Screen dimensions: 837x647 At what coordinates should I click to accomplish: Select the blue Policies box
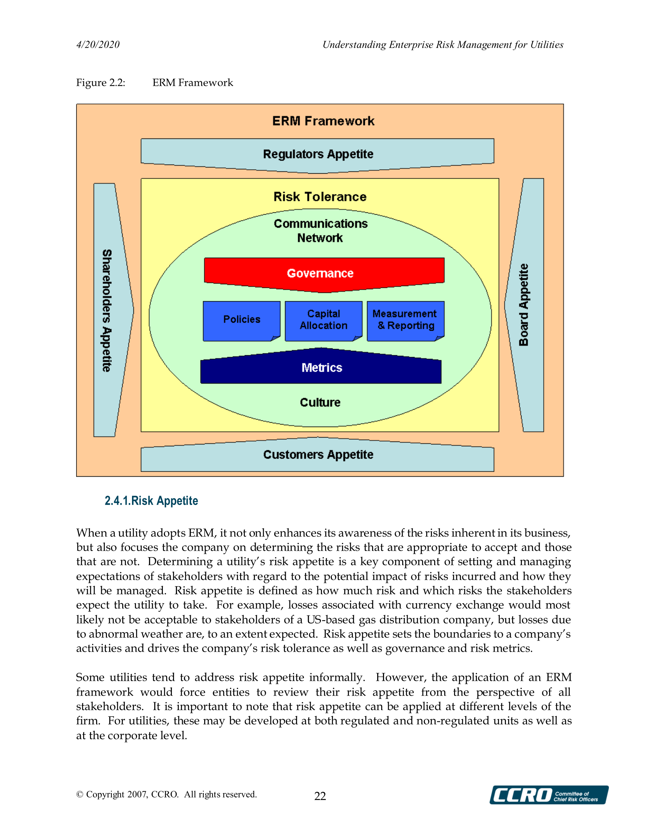242,320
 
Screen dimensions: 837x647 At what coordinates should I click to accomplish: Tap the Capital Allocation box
324,320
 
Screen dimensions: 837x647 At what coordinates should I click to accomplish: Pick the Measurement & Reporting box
405,320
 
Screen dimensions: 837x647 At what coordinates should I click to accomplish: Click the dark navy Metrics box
321,368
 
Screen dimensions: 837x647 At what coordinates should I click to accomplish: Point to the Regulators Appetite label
318,154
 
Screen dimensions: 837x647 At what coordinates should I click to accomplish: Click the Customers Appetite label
318,455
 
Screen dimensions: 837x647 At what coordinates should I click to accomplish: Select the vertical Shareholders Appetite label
107,310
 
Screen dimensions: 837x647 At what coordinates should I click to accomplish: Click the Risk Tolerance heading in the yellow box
320,197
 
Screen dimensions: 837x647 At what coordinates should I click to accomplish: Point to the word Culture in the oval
320,402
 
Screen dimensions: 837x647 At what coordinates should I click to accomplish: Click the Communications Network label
320,231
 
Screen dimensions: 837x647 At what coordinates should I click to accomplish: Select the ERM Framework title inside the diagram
323,121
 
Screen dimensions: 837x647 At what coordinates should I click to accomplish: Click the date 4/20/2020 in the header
98,45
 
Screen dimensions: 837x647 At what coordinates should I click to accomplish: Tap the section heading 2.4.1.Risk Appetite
151,501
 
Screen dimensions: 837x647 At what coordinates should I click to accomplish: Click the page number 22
320,796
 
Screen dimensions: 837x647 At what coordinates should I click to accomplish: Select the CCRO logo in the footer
548,795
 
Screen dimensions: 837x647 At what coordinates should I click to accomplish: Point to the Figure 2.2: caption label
100,83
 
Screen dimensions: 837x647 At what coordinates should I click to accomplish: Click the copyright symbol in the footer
80,795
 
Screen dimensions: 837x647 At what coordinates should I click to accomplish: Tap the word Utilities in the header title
547,45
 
